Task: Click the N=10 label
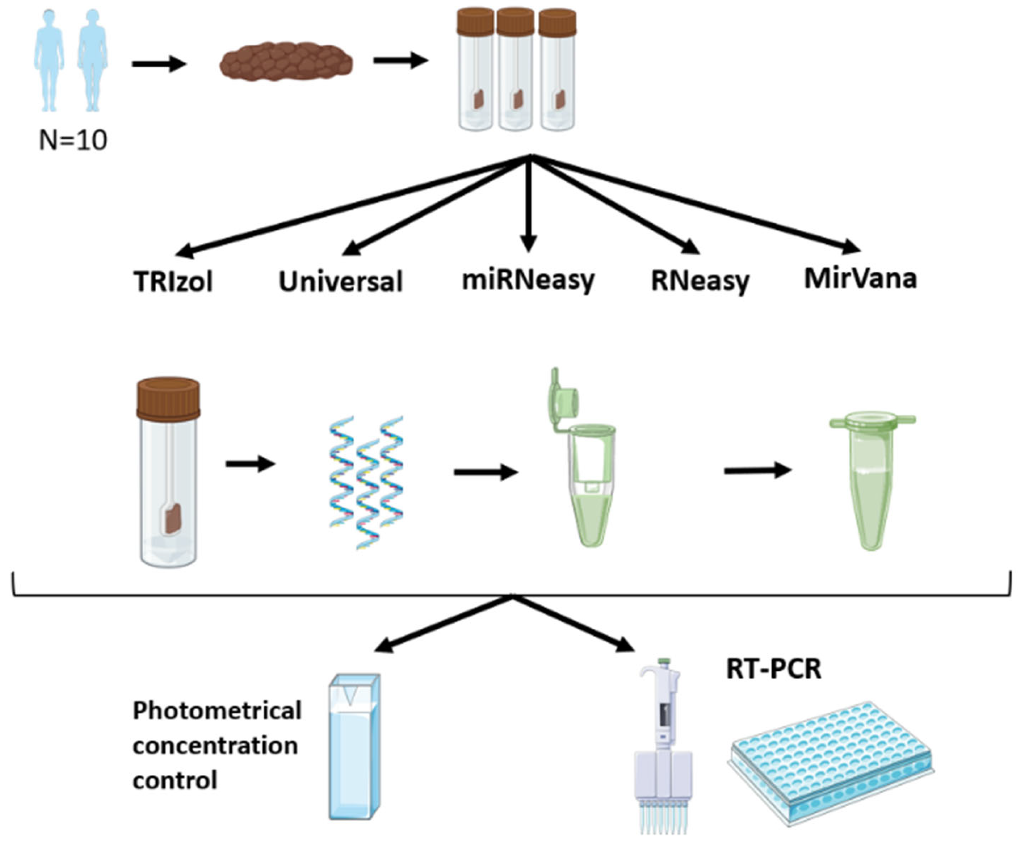tap(73, 140)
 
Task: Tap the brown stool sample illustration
tap(286, 61)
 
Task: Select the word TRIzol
tap(173, 282)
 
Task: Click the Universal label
tap(340, 282)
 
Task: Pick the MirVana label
tap(860, 279)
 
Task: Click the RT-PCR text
tap(774, 669)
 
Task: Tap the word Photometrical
tap(217, 711)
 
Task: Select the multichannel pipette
tap(662, 744)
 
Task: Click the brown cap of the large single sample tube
tap(168, 399)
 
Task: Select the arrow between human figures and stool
tap(159, 64)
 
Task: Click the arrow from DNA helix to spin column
tap(485, 472)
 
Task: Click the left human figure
tap(48, 61)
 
